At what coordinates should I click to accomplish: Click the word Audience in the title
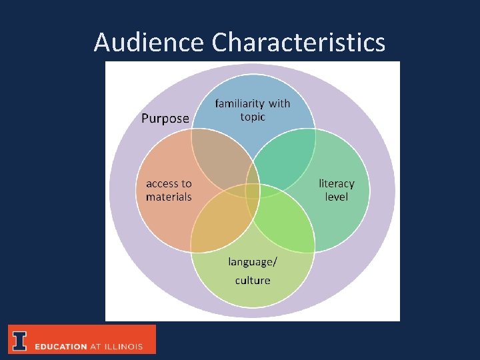[x=149, y=43]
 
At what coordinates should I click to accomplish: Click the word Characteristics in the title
[x=299, y=43]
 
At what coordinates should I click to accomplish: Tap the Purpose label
[x=165, y=119]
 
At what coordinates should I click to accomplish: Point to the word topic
[x=253, y=117]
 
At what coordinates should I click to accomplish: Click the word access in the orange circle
[x=162, y=183]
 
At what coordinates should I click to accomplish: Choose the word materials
[x=169, y=197]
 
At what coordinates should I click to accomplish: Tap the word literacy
[x=337, y=183]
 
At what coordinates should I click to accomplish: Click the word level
[x=337, y=197]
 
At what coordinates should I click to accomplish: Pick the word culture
[x=253, y=280]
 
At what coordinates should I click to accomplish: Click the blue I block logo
[x=20, y=340]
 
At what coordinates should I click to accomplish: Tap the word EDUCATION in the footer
[x=61, y=347]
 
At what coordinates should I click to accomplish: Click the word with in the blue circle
[x=279, y=103]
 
